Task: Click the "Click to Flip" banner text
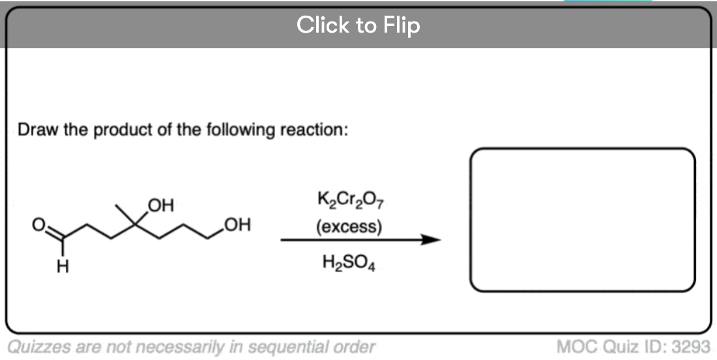tap(358, 25)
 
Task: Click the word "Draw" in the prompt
tap(35, 129)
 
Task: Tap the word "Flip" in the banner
tap(401, 25)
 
